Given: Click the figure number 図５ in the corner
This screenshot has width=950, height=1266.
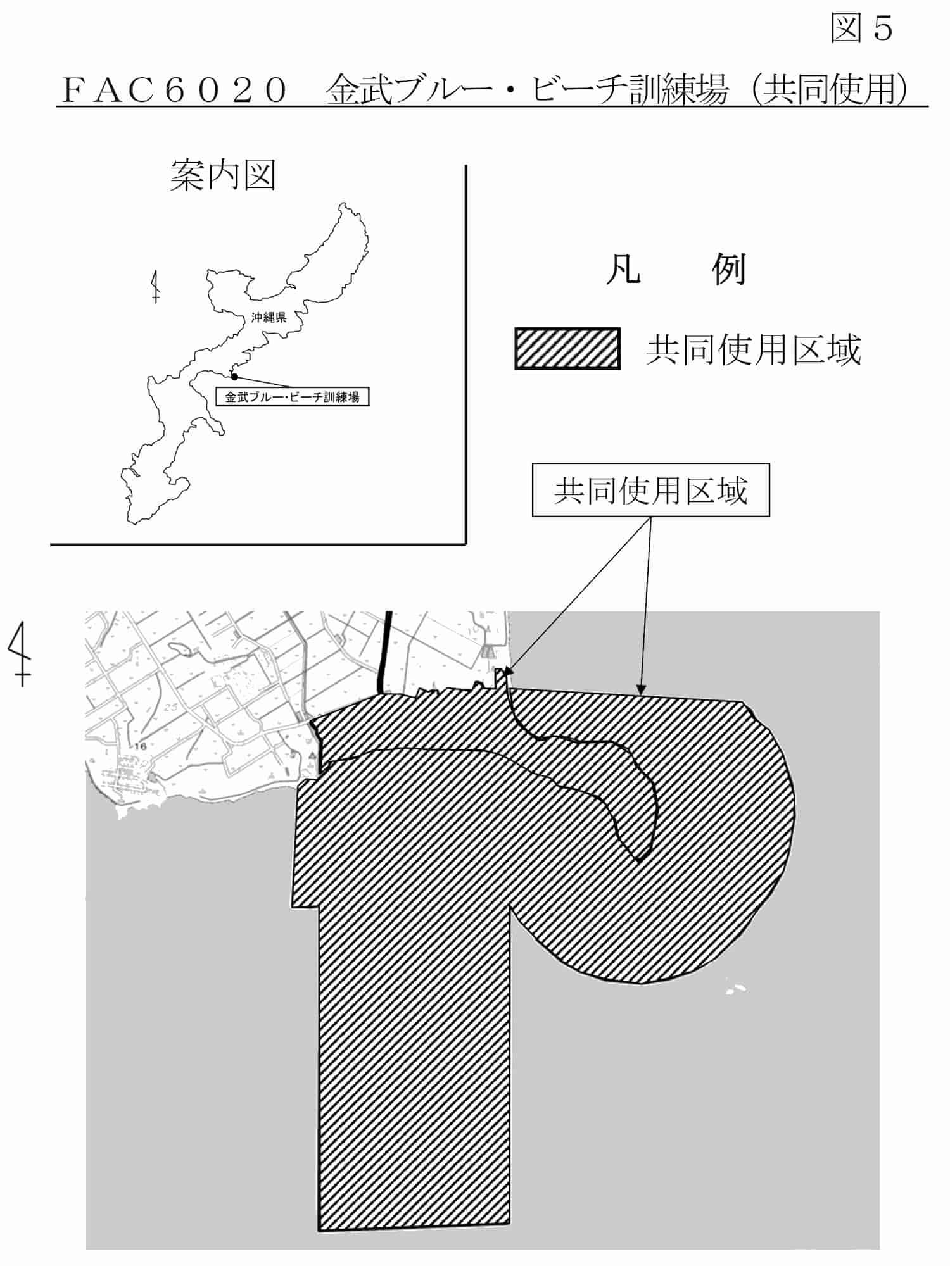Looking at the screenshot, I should click(x=861, y=28).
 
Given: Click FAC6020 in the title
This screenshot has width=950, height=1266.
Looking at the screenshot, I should click(x=174, y=90).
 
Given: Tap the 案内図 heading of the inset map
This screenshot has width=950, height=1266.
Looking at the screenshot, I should click(x=223, y=175).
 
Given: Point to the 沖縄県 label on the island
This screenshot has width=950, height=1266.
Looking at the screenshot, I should click(x=269, y=317).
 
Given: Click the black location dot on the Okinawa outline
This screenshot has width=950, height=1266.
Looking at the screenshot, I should click(x=234, y=377).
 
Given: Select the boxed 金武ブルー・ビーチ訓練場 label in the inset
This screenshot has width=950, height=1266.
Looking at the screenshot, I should click(x=292, y=397).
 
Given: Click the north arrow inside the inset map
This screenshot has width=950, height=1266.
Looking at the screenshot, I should click(x=156, y=287).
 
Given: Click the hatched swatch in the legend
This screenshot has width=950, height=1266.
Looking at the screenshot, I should click(x=567, y=348).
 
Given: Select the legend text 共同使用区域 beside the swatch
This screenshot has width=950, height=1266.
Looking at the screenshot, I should click(x=753, y=350).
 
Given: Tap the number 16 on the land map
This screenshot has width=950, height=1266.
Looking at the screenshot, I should click(x=140, y=746).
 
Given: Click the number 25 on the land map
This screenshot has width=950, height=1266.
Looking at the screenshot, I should click(x=170, y=707).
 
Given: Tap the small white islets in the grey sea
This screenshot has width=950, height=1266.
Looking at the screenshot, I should click(x=735, y=988).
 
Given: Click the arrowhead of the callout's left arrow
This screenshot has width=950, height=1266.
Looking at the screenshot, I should click(x=510, y=673).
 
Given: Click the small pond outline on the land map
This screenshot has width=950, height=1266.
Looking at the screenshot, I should click(x=179, y=649).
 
